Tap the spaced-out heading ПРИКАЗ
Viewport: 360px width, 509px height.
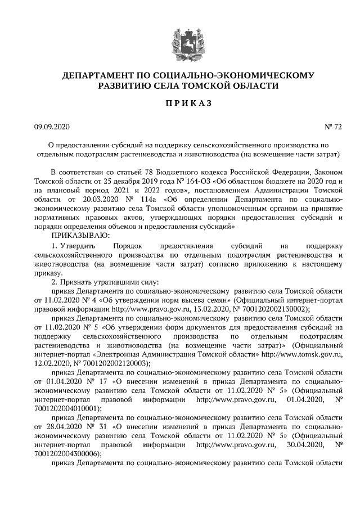click(179, 104)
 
